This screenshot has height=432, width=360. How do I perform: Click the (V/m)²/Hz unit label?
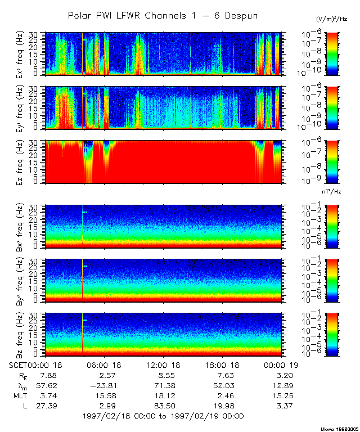pos(332,20)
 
